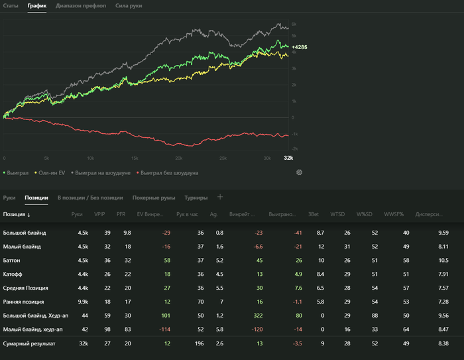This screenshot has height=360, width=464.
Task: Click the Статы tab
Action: point(11,5)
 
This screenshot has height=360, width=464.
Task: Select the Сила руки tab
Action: point(129,5)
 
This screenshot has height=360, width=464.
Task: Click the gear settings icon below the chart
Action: point(299,172)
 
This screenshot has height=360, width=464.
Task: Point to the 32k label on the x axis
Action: point(288,158)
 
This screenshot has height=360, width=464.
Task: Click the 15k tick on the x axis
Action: point(135,158)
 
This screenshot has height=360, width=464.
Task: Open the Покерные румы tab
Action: point(154,198)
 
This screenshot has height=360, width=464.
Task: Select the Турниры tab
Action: point(196,198)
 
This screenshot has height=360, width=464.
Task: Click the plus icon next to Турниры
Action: point(220,197)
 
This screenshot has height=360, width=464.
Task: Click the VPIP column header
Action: point(99,215)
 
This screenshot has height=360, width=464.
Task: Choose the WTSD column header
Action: point(337,215)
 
